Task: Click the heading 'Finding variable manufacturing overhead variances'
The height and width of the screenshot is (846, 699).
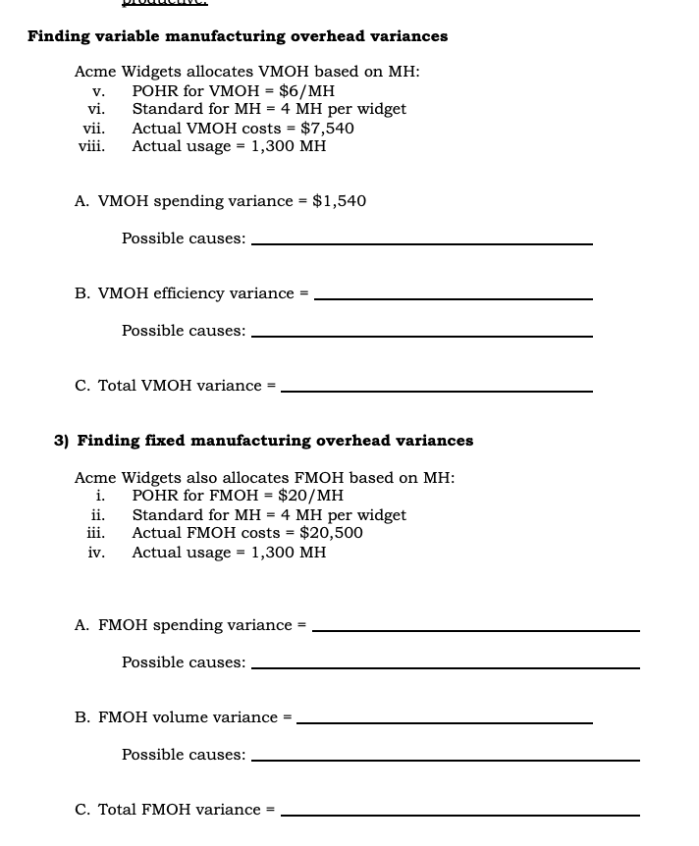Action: click(x=238, y=36)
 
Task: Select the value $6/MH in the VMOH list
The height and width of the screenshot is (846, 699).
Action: click(x=306, y=90)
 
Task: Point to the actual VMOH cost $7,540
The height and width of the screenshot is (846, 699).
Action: click(x=327, y=128)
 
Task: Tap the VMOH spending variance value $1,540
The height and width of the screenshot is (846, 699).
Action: click(x=339, y=201)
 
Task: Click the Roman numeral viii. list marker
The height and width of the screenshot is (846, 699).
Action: click(x=91, y=146)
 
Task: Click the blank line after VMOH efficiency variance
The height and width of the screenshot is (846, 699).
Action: click(x=453, y=297)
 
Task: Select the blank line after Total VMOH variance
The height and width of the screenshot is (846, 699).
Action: click(x=436, y=390)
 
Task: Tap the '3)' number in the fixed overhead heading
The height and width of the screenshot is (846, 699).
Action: click(x=61, y=441)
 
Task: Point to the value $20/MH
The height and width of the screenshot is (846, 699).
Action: click(x=310, y=496)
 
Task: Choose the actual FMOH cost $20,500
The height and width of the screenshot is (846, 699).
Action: click(x=331, y=533)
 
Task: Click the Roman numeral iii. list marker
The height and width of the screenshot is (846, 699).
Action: click(x=95, y=533)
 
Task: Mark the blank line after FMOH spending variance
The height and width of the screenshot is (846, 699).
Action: click(x=475, y=629)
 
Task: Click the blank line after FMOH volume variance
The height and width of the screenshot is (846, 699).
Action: click(x=444, y=721)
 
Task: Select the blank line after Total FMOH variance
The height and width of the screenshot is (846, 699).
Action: click(x=459, y=814)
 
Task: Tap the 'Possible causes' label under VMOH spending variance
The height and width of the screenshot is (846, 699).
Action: click(x=184, y=238)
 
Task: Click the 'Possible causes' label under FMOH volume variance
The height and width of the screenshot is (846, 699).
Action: click(x=184, y=755)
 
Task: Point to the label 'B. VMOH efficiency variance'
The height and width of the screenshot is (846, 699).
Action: click(x=184, y=293)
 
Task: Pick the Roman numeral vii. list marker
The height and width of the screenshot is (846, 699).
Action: click(x=93, y=128)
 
